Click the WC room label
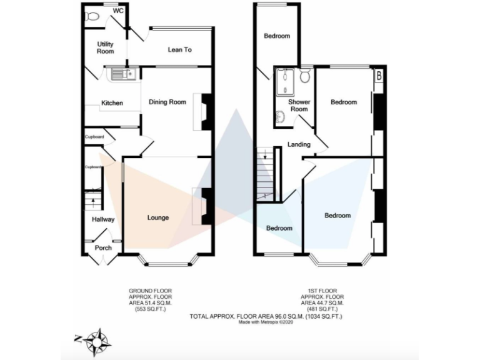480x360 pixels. click(x=117, y=11)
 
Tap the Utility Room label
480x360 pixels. click(x=105, y=47)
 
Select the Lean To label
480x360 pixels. click(x=179, y=49)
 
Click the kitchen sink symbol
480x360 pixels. click(x=122, y=74)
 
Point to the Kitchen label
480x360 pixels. click(x=112, y=103)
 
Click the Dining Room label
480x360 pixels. click(x=167, y=102)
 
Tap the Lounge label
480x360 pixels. click(x=157, y=217)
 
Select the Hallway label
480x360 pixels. click(x=103, y=219)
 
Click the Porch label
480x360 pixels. click(x=103, y=247)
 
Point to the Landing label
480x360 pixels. click(x=299, y=144)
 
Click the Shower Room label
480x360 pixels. click(x=299, y=105)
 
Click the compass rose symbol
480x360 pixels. click(x=96, y=341)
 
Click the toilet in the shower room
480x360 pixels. click(x=306, y=76)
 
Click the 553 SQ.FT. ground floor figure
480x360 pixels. click(x=150, y=309)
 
